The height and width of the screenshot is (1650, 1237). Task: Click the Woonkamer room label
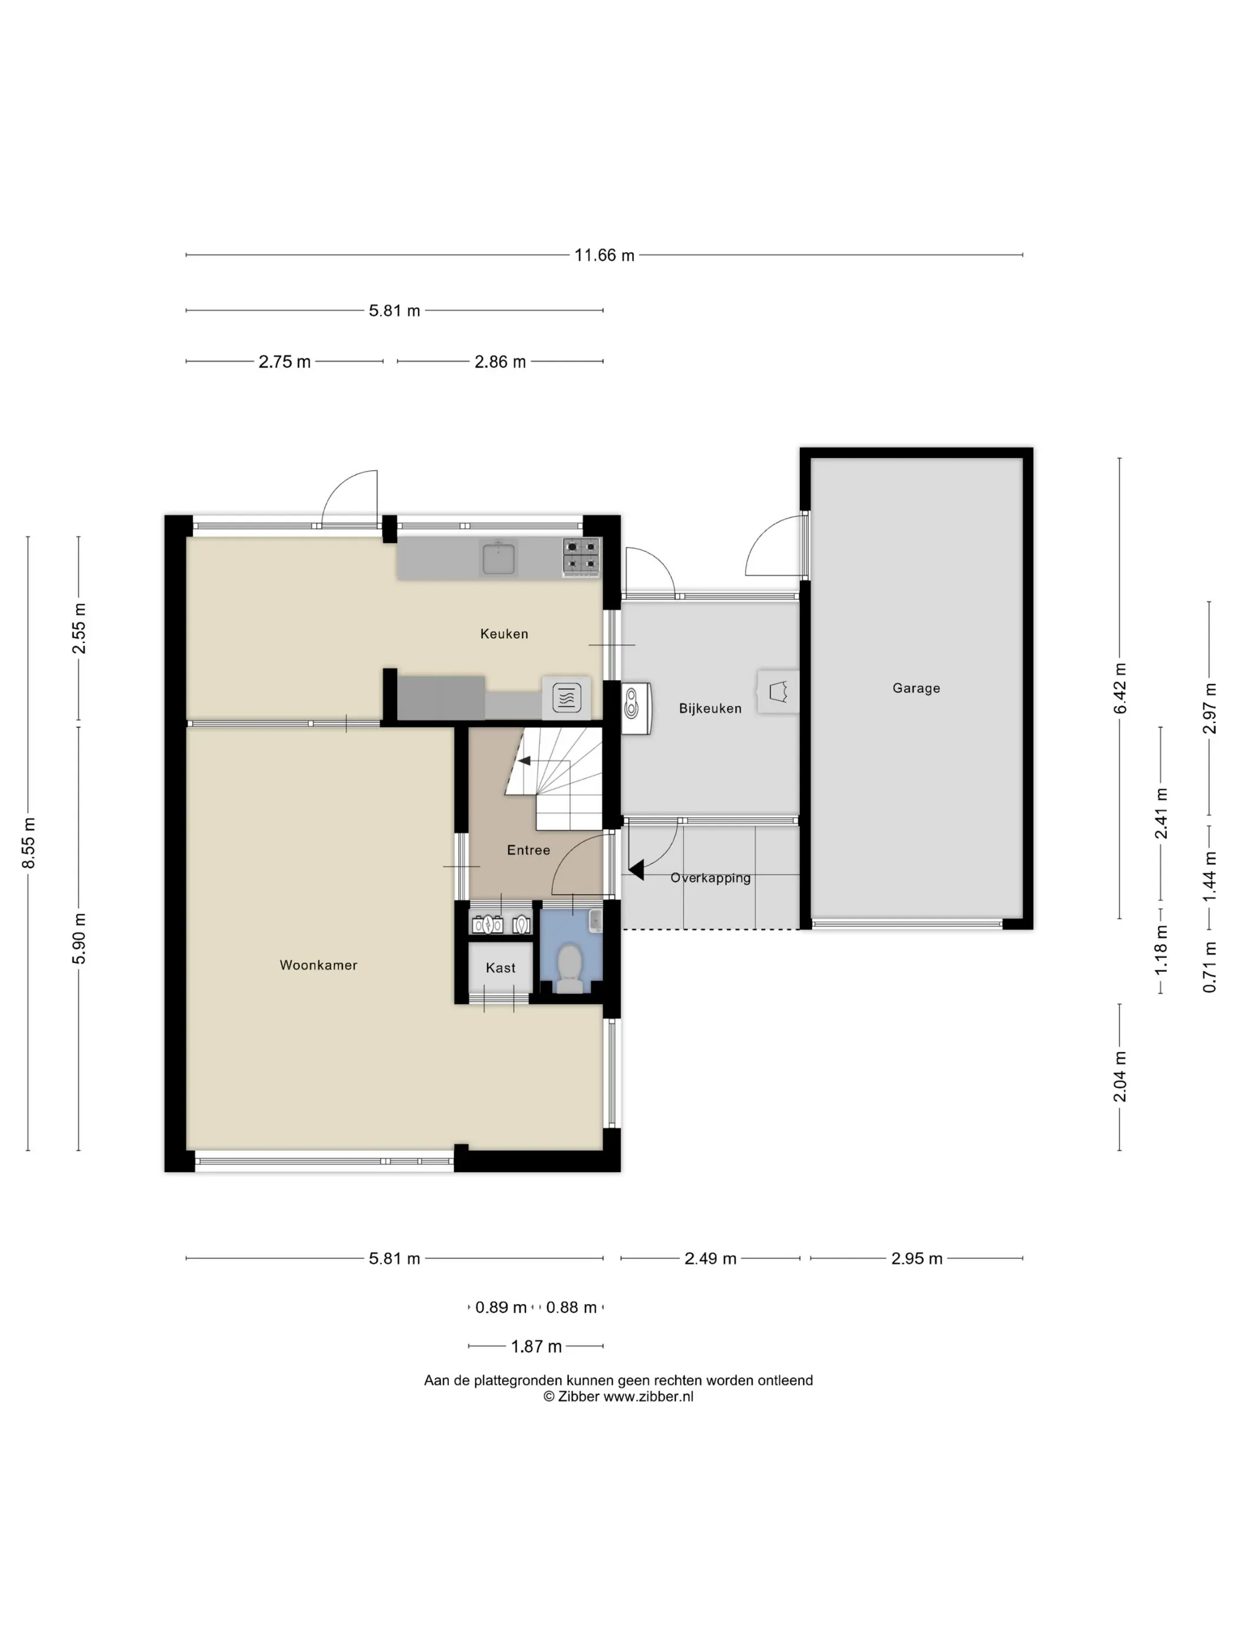tap(319, 965)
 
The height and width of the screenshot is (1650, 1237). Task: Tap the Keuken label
tap(504, 634)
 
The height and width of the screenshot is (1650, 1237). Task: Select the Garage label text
tap(917, 688)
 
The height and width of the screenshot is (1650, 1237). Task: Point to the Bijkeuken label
tap(710, 709)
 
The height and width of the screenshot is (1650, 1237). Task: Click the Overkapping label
tap(710, 878)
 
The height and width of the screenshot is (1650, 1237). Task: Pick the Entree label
tap(528, 850)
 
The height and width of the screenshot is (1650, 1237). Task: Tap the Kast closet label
tap(500, 968)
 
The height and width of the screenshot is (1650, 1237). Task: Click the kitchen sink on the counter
tap(499, 558)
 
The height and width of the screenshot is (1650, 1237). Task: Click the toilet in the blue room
tap(570, 968)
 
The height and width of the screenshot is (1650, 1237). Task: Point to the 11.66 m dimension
tap(604, 255)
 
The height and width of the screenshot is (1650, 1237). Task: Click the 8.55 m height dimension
tap(28, 843)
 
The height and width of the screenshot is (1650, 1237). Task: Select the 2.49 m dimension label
tap(710, 1258)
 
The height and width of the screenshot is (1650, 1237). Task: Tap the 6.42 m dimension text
tap(1120, 688)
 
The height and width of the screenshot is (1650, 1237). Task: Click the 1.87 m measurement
tap(536, 1347)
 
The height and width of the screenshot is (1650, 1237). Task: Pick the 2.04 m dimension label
tap(1120, 1077)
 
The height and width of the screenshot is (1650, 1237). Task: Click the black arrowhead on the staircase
tap(524, 761)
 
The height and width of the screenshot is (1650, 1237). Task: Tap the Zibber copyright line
tap(618, 1397)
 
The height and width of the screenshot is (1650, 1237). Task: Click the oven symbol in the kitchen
tap(567, 698)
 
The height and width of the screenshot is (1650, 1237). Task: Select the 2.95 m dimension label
tap(917, 1258)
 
